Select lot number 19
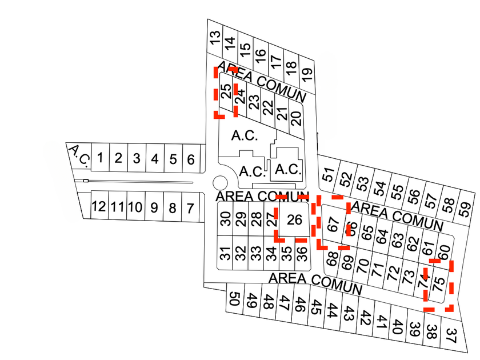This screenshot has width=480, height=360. click(x=307, y=73)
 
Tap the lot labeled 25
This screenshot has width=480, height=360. click(x=226, y=91)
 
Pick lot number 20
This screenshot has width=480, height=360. click(x=295, y=118)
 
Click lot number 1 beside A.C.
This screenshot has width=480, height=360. click(x=100, y=158)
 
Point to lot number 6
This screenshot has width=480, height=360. click(x=191, y=159)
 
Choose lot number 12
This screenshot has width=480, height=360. click(x=191, y=207)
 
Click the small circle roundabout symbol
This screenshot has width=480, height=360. click(x=219, y=183)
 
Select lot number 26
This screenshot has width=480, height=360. click(x=294, y=219)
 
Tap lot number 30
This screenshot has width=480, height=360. click(x=226, y=219)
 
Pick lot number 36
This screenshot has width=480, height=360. click(x=302, y=251)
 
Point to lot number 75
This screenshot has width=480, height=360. click(x=439, y=283)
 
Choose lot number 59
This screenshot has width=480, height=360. click(x=465, y=207)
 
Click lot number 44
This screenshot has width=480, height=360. click(x=333, y=310)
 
